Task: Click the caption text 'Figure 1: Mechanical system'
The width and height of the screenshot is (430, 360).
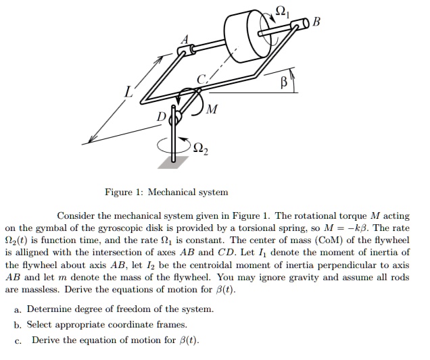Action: [x=166, y=192]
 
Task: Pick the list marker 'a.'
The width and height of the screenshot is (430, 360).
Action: [x=18, y=309]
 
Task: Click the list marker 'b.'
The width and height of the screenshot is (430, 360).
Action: [x=18, y=324]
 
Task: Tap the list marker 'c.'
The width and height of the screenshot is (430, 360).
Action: [x=18, y=340]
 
